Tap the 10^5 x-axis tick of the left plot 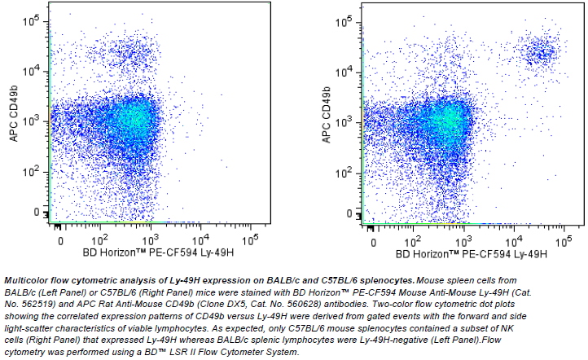coord(252,239)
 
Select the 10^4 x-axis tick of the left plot coord(201,239)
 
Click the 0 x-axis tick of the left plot coord(58,241)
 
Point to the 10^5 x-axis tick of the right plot coord(564,239)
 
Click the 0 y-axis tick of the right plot coord(353,212)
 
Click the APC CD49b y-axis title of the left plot coord(15,118)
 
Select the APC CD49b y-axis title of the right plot coord(327,118)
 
